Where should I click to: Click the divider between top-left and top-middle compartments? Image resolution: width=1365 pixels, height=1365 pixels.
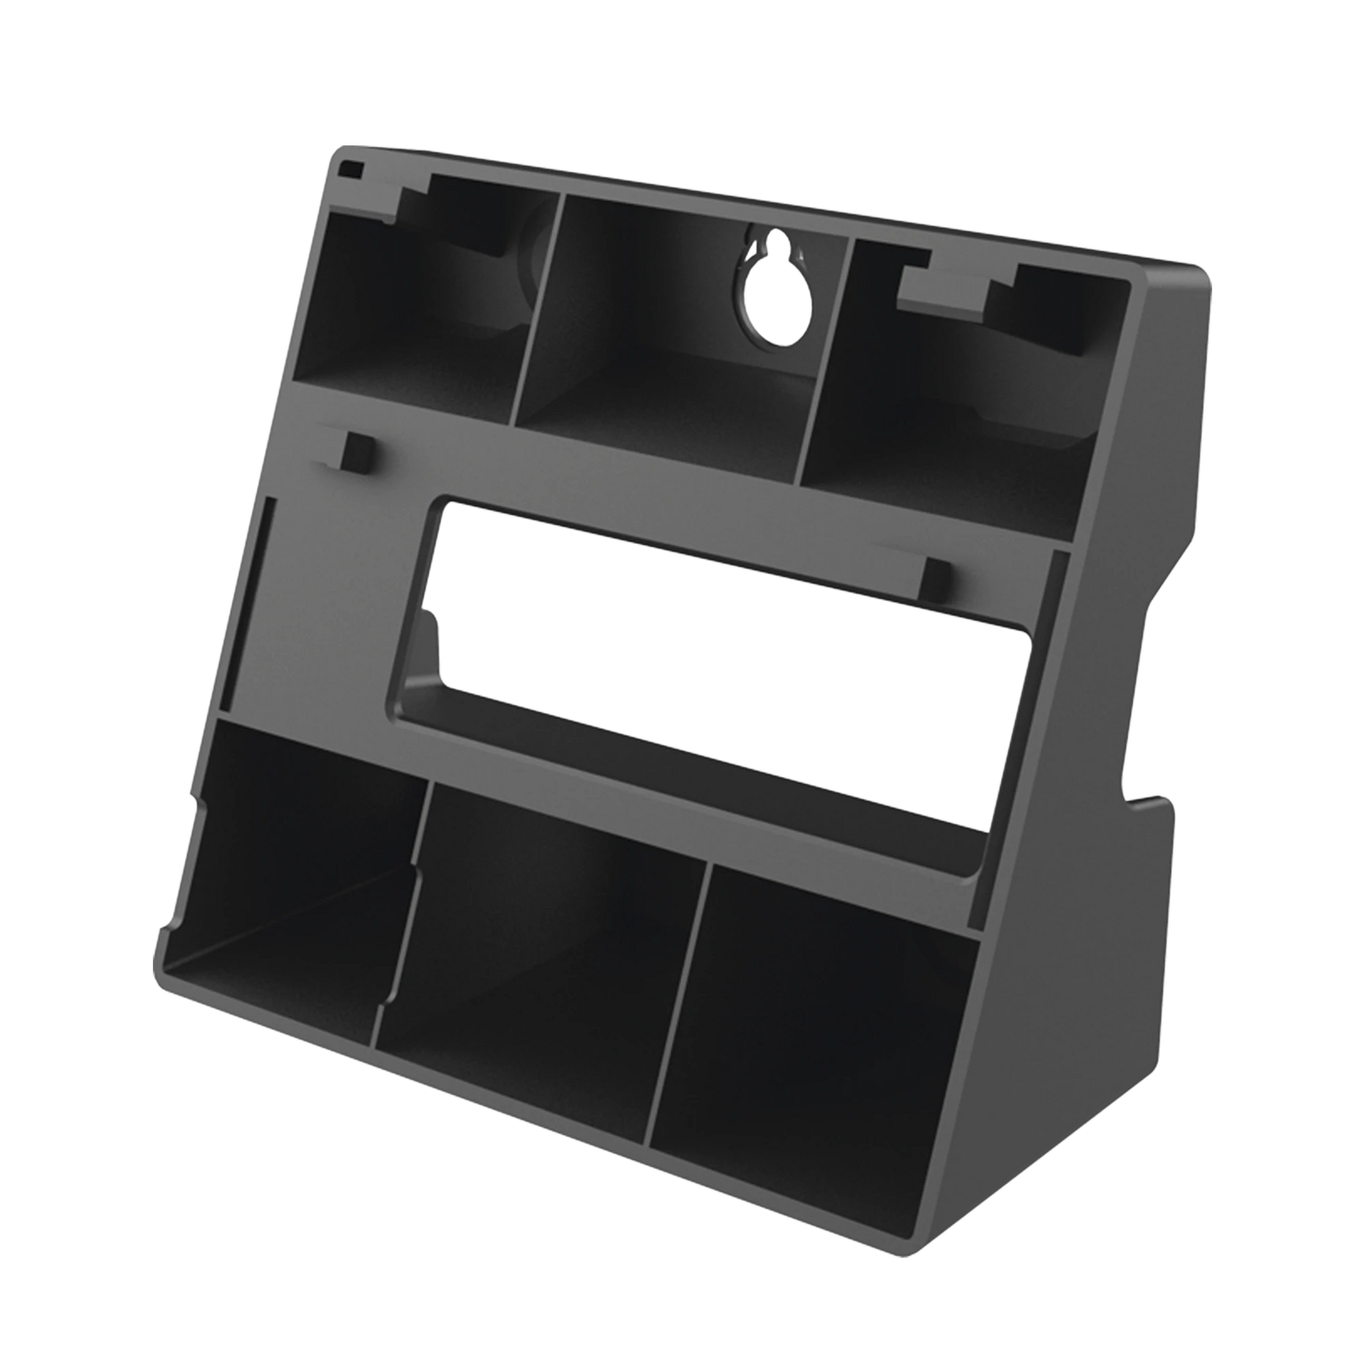(x=539, y=311)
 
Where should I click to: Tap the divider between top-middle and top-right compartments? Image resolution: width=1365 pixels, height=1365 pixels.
(x=826, y=361)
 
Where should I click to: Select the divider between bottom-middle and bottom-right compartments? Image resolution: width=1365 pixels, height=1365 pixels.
(x=678, y=1017)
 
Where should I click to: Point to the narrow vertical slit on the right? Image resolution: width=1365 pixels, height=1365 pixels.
(x=1055, y=614)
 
